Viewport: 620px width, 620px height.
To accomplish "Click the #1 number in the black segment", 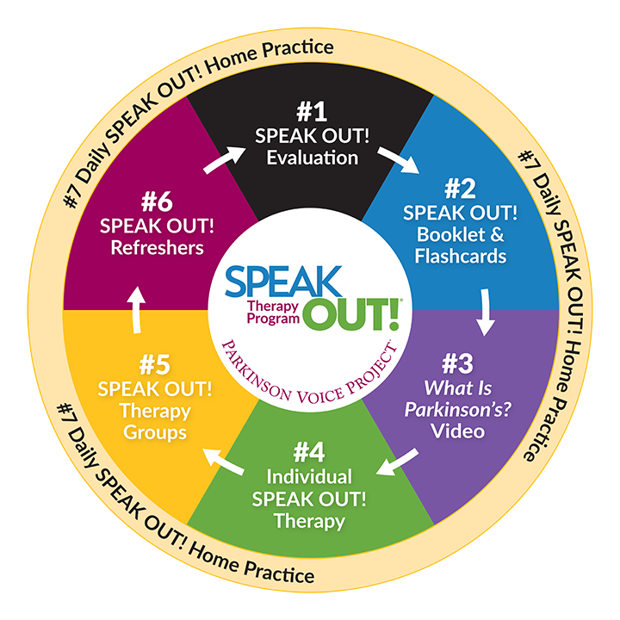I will pyautogui.click(x=311, y=113).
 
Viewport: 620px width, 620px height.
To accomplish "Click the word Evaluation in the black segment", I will pyautogui.click(x=311, y=158).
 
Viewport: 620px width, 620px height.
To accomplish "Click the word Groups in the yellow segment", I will pyautogui.click(x=154, y=431).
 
